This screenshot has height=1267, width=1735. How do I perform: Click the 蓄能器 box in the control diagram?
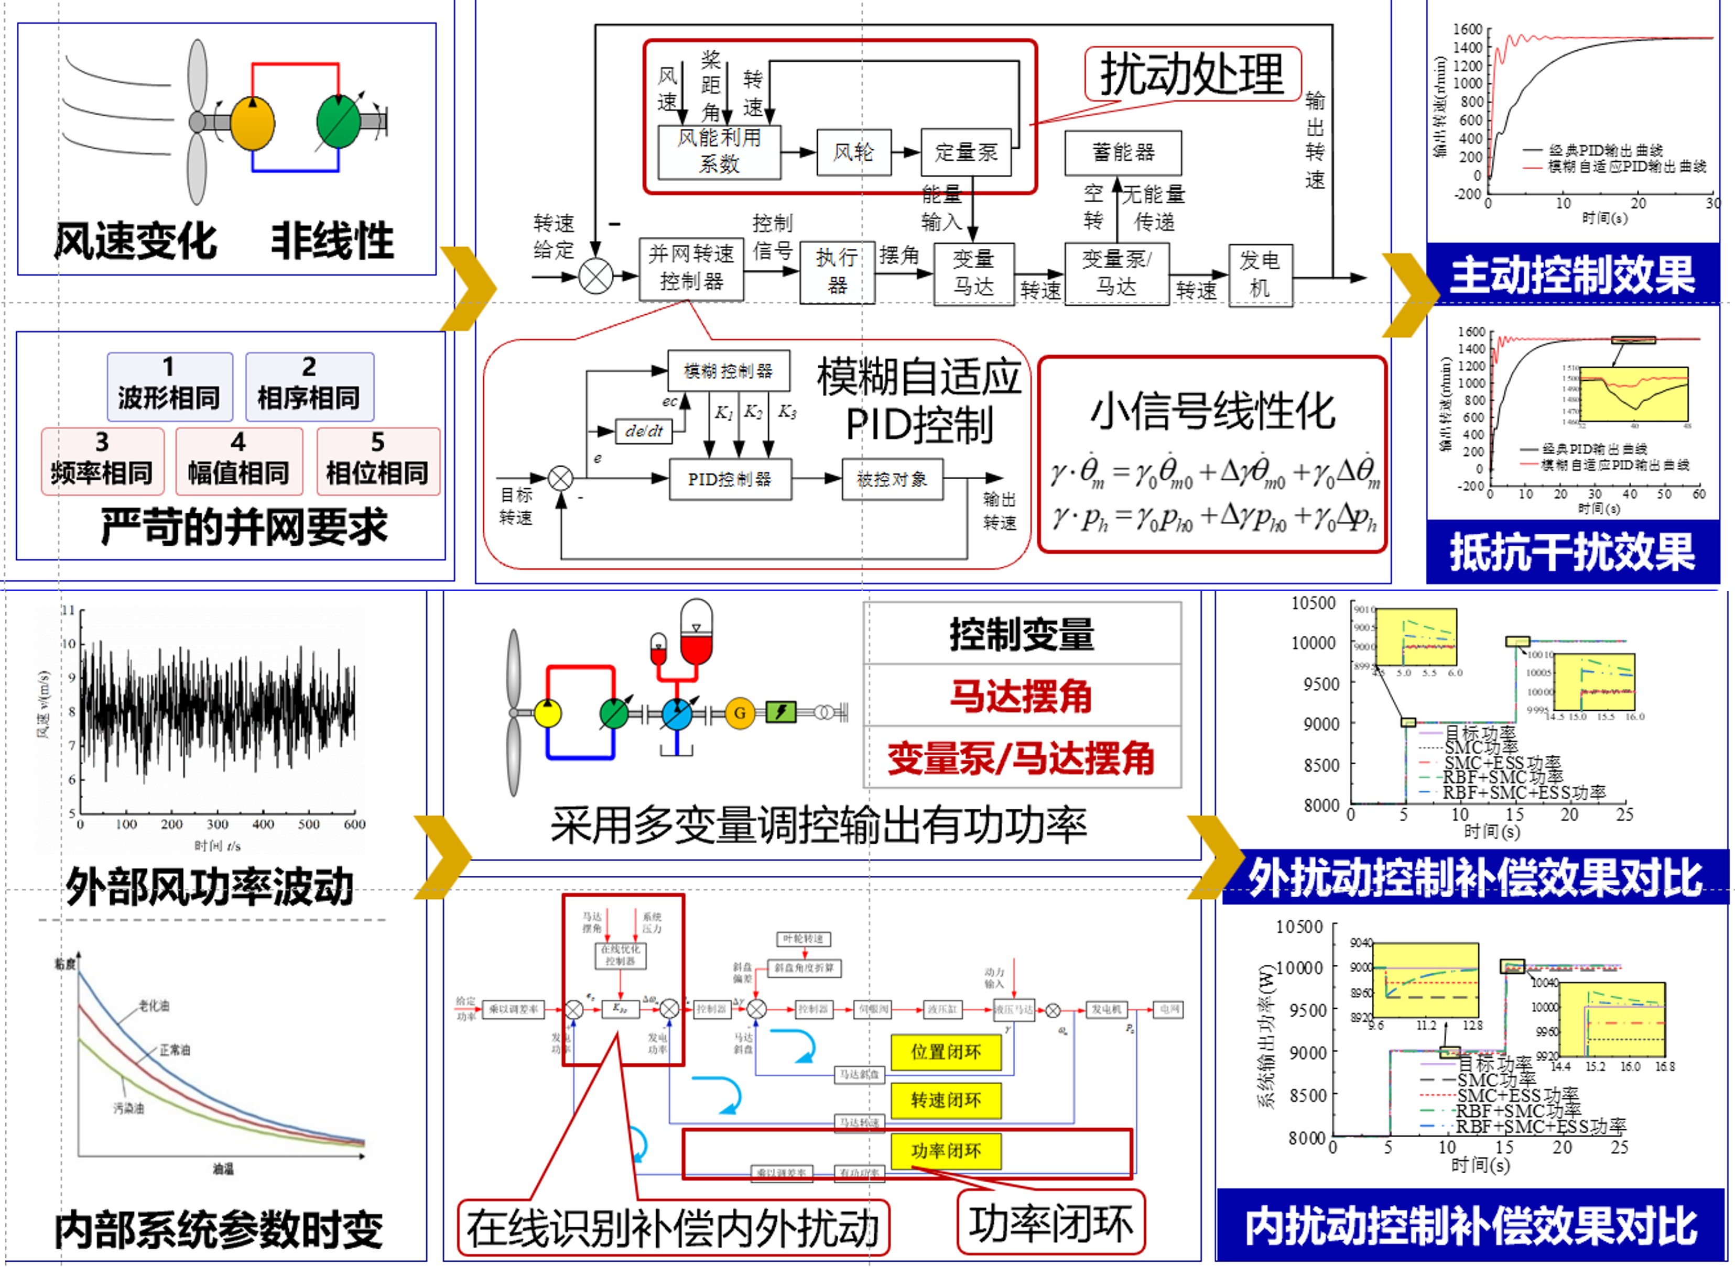click(1123, 152)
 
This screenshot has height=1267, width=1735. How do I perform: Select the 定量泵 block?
click(966, 152)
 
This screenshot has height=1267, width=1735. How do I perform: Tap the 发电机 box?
click(1260, 274)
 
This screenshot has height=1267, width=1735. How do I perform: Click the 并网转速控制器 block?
click(691, 268)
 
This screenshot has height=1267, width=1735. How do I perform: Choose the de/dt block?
click(644, 431)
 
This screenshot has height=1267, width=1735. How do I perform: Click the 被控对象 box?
click(892, 479)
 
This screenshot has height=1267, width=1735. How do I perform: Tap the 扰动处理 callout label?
click(1192, 74)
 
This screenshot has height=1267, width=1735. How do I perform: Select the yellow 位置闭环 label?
click(946, 1052)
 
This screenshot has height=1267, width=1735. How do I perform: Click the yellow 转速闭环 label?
click(946, 1100)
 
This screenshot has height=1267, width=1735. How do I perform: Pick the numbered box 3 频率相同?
click(102, 461)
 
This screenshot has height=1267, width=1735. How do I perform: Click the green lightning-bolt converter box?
click(780, 712)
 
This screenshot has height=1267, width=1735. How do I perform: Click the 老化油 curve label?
click(154, 1006)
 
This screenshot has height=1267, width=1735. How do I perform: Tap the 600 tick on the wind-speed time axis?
click(354, 824)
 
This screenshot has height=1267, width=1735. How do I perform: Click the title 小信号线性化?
click(1212, 411)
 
